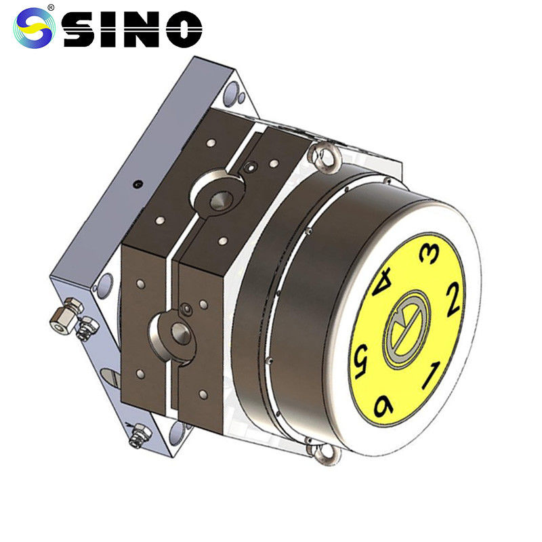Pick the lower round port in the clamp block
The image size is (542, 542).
pos(178,331)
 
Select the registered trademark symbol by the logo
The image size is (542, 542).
pos(51,7)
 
